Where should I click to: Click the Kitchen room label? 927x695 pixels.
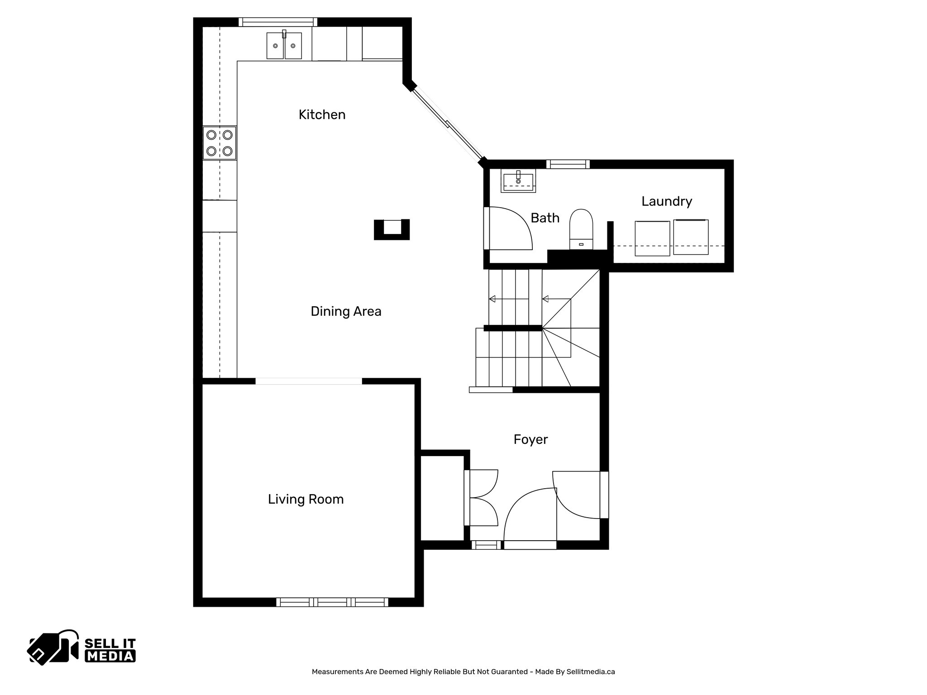click(322, 115)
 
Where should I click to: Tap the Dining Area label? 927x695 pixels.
click(346, 311)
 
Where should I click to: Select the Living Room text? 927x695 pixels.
click(306, 499)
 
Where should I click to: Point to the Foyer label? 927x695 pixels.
click(530, 439)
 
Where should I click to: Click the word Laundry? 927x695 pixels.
click(666, 201)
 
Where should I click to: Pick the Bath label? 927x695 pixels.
click(545, 218)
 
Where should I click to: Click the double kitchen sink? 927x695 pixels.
click(284, 45)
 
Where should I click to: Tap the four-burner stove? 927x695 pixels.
click(220, 143)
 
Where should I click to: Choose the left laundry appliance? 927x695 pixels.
click(652, 238)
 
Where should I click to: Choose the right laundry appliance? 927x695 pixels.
click(690, 237)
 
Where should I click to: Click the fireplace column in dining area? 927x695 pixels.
click(392, 229)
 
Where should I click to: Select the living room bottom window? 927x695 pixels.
click(332, 602)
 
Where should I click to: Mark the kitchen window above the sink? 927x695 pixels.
click(277, 22)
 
